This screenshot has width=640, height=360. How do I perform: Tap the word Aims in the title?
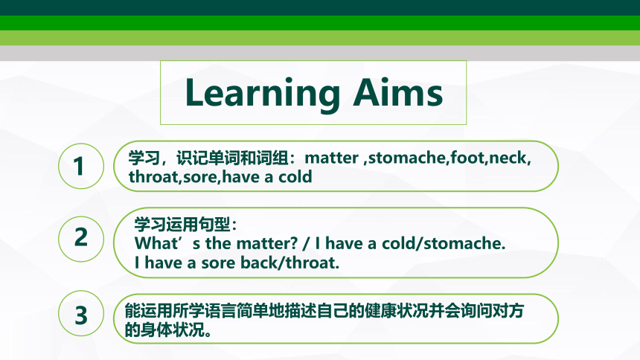(398, 91)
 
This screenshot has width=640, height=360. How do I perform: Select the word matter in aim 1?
(331, 158)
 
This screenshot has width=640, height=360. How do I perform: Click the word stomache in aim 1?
(406, 158)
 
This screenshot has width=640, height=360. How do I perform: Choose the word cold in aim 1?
(295, 177)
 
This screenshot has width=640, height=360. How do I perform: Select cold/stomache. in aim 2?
(444, 243)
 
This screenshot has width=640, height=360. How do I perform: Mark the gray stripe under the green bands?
(320, 53)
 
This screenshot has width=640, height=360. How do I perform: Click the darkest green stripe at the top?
(320, 7)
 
